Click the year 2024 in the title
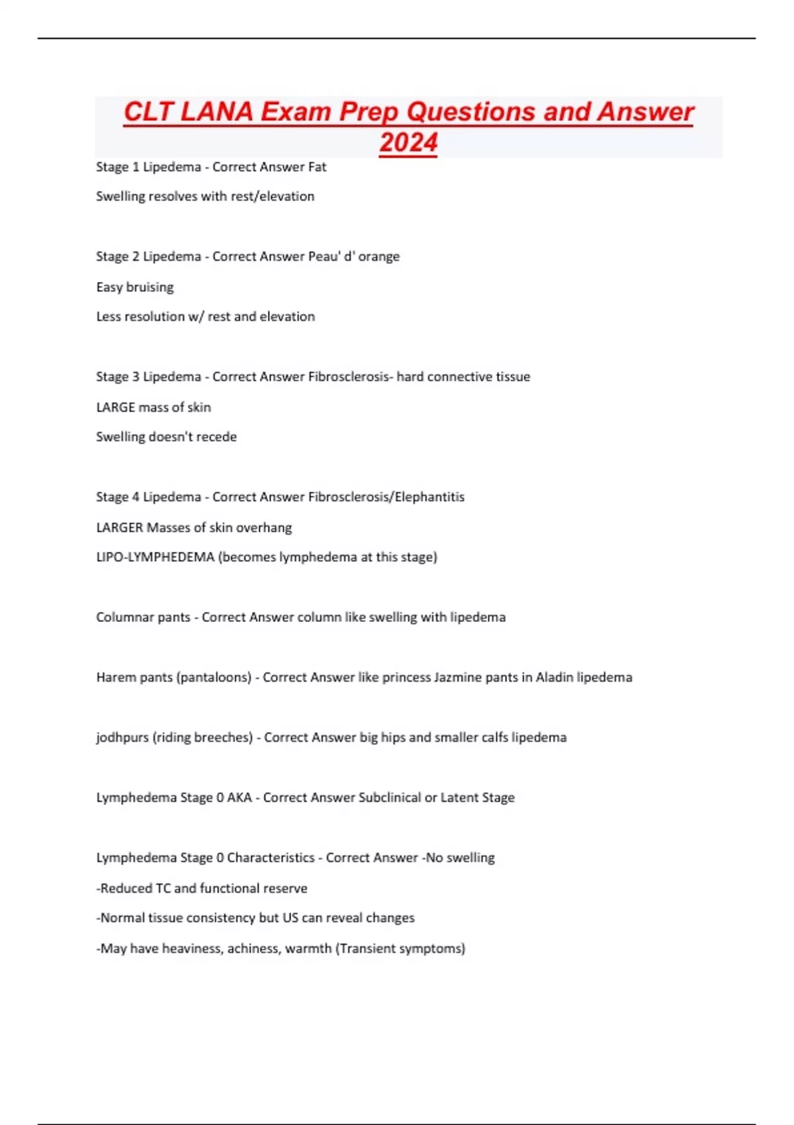[408, 142]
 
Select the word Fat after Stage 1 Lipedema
[317, 167]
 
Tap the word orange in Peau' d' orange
[378, 256]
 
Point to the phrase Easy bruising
[135, 287]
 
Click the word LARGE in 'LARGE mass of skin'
[116, 407]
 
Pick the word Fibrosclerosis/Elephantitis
[386, 496]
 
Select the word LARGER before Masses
[119, 527]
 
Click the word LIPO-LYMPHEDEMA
[155, 557]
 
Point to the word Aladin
[554, 677]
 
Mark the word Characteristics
[271, 858]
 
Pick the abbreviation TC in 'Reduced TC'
[163, 888]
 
